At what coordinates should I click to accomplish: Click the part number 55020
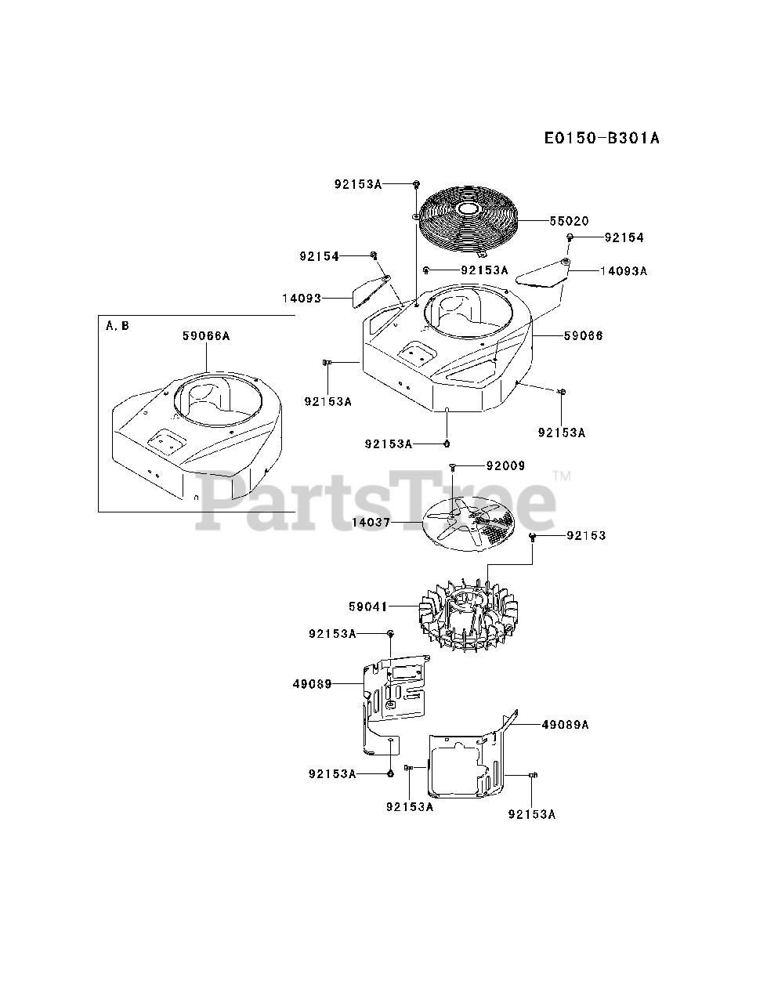(569, 221)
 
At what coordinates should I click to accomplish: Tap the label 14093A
(624, 270)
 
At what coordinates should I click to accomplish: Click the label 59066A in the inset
(206, 335)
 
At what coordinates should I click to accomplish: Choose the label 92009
(505, 465)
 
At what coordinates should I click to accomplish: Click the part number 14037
(371, 521)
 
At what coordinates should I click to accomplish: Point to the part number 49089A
(565, 725)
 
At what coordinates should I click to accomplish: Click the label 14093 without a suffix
(302, 298)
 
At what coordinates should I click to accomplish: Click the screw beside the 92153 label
(533, 537)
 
